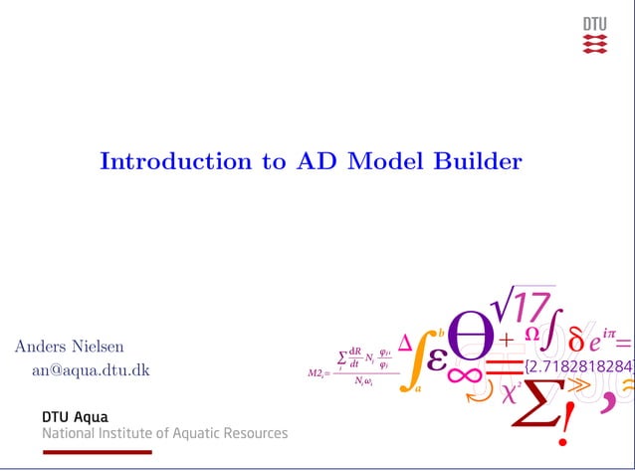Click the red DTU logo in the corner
tap(594, 36)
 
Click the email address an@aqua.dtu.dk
tap(91, 370)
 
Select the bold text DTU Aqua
tap(75, 416)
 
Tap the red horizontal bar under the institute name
tap(97, 452)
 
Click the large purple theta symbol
tap(471, 333)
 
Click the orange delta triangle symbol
tap(405, 344)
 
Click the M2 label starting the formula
tap(317, 373)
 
